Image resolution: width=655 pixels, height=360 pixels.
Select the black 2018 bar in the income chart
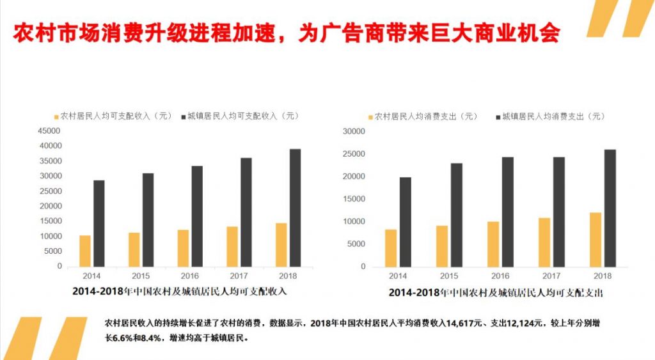pyautogui.click(x=295, y=208)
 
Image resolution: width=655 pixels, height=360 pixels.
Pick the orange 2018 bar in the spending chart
pyautogui.click(x=596, y=239)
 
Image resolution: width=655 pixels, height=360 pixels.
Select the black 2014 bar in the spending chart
pyautogui.click(x=406, y=222)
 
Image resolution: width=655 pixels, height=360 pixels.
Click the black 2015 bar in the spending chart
pyautogui.click(x=457, y=215)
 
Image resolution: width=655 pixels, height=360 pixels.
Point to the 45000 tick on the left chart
pyautogui.click(x=50, y=130)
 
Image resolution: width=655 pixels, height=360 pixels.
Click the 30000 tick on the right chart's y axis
pyautogui.click(x=353, y=132)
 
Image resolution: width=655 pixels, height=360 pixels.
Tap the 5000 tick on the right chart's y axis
pyautogui.click(x=355, y=244)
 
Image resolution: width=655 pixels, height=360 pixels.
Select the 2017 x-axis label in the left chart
pyautogui.click(x=239, y=276)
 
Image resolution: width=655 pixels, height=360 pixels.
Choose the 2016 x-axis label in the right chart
pyautogui.click(x=500, y=276)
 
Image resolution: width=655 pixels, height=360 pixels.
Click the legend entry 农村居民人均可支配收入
pyautogui.click(x=113, y=116)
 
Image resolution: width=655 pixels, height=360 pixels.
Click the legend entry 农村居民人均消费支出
pyautogui.click(x=423, y=116)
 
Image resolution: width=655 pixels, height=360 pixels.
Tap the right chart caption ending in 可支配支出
pyautogui.click(x=496, y=292)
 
